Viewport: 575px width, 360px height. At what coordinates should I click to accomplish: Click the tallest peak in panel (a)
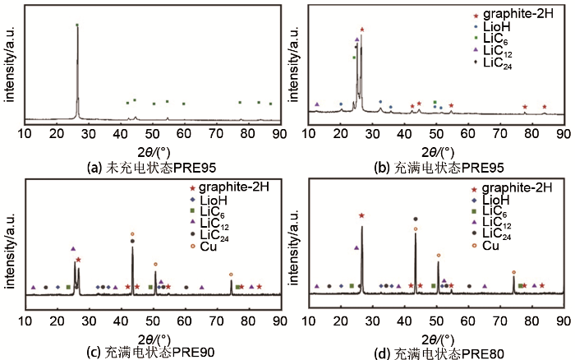pyautogui.click(x=77, y=26)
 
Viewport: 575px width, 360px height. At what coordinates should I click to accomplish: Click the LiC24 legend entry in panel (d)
pyautogui.click(x=497, y=234)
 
